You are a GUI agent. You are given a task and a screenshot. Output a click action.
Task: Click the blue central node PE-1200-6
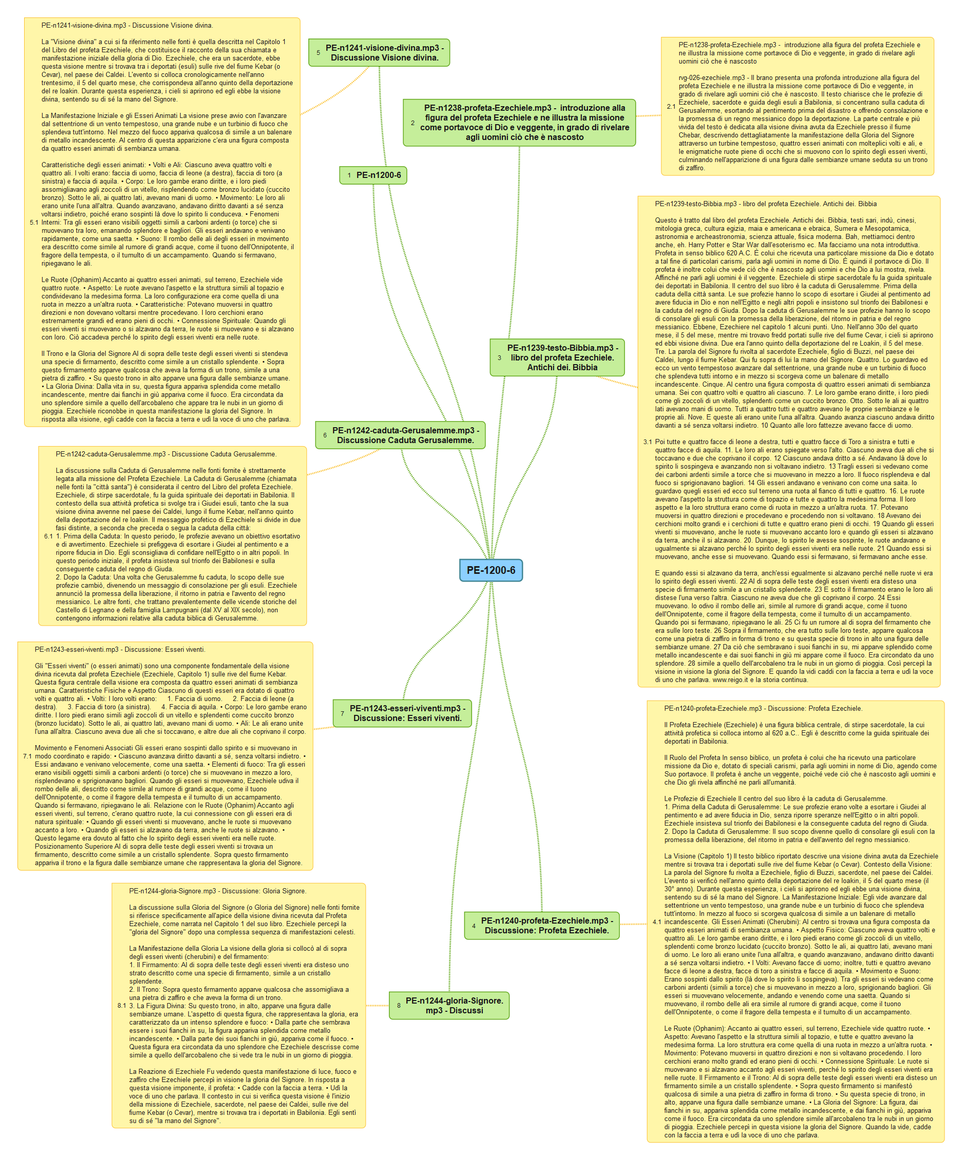490,570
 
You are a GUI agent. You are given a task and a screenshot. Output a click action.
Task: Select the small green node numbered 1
373,175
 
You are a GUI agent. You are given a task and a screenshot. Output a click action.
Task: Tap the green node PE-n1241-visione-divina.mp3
379,53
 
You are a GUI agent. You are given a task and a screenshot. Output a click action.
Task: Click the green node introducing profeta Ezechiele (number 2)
519,123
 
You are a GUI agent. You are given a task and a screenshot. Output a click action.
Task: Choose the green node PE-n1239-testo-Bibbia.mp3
557,357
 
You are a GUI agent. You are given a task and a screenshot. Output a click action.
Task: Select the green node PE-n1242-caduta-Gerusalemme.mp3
400,435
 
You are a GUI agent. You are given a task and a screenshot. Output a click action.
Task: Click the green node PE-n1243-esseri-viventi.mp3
402,713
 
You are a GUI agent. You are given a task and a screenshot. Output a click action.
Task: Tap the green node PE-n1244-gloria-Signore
448,1005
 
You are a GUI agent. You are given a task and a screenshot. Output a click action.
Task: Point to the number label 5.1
34,223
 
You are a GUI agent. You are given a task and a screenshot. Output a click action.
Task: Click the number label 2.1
671,107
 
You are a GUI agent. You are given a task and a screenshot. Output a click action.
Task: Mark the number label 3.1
647,442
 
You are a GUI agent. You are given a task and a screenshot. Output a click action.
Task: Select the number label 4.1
656,922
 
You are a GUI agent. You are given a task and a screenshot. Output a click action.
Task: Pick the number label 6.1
49,536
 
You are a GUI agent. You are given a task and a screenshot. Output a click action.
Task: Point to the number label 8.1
122,1006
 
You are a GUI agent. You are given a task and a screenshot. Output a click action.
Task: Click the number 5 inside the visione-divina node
318,53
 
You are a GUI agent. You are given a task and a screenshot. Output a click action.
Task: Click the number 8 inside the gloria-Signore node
398,1006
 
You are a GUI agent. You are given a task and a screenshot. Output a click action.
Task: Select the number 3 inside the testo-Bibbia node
500,358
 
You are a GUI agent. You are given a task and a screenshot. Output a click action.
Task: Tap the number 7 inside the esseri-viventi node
343,714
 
